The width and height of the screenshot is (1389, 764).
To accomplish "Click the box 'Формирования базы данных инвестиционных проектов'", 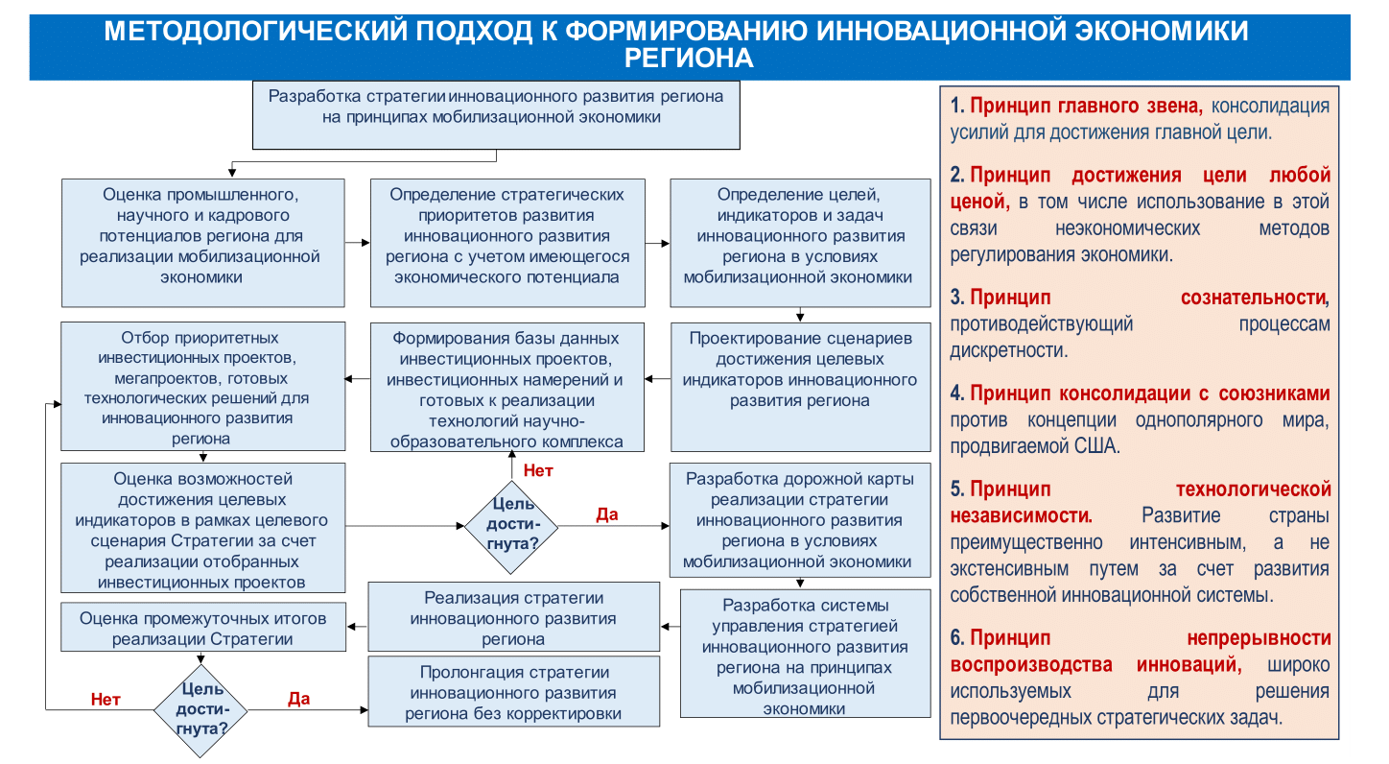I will click(506, 386).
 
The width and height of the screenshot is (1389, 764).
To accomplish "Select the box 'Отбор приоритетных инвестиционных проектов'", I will click(202, 386).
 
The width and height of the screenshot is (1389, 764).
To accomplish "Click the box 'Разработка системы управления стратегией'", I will click(805, 654).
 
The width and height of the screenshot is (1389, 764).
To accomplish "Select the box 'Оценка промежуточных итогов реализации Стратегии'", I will click(202, 629).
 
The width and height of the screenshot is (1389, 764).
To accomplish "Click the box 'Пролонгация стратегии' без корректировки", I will click(513, 692).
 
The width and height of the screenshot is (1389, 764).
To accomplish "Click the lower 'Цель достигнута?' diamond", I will click(201, 709).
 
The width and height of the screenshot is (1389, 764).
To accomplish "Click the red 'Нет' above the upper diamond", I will click(538, 471).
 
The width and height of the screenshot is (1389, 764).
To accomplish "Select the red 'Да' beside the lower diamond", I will click(298, 699).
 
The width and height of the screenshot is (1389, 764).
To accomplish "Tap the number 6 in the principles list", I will click(955, 638).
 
